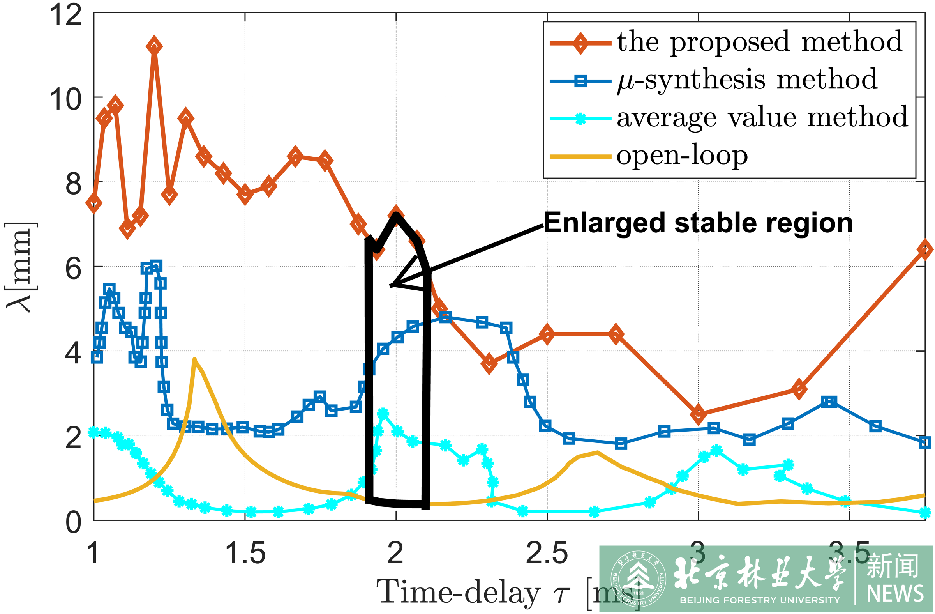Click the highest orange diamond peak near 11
(x=154, y=47)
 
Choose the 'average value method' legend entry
(x=762, y=117)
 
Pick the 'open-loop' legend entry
(x=682, y=156)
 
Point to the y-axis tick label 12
(x=65, y=15)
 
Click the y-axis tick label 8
(x=74, y=184)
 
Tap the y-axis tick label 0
(x=74, y=522)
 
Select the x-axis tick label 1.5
(x=245, y=554)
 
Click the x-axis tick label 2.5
(x=547, y=554)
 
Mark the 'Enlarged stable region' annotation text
(x=698, y=223)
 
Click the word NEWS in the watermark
(x=895, y=594)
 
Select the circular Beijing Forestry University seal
(x=638, y=579)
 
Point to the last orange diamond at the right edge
(x=925, y=249)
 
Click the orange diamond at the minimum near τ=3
(x=698, y=414)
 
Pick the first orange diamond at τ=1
(x=94, y=203)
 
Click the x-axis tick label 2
(x=395, y=554)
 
